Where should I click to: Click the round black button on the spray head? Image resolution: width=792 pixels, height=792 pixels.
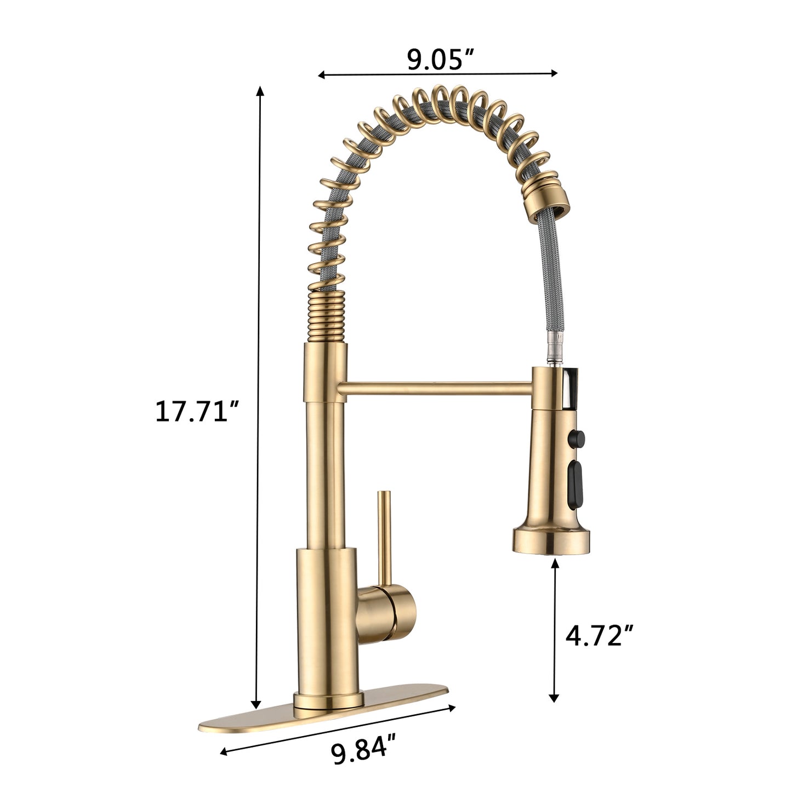pos(578,439)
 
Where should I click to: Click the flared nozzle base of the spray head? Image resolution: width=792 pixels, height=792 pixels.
pos(554,539)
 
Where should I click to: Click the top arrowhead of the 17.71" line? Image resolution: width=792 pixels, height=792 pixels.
pos(260,91)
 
